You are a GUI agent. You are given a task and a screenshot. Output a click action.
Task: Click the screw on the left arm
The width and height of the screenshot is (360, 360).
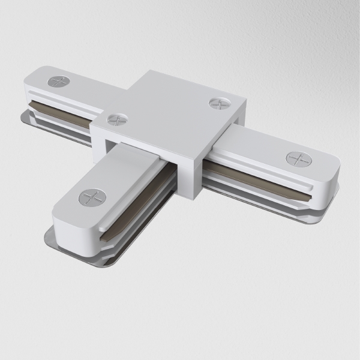(x=58, y=80)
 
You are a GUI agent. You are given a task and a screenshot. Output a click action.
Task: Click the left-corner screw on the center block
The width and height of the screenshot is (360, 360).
(x=115, y=118)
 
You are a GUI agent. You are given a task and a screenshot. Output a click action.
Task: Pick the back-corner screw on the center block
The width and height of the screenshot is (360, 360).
(x=218, y=103)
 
